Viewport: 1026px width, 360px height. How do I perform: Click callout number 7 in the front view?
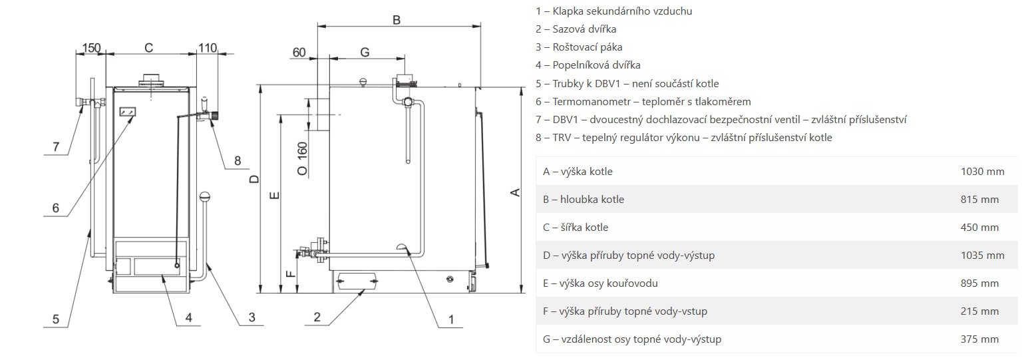pyautogui.click(x=55, y=146)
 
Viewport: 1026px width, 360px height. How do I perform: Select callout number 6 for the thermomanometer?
pyautogui.click(x=56, y=208)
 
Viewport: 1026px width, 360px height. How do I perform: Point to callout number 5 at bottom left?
pyautogui.click(x=56, y=319)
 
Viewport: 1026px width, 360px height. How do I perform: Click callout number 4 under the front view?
pyautogui.click(x=188, y=317)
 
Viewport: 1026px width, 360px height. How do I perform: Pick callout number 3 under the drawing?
pyautogui.click(x=252, y=317)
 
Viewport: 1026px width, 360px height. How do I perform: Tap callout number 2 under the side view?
pyautogui.click(x=317, y=317)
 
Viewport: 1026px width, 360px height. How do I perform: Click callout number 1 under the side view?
pyautogui.click(x=450, y=319)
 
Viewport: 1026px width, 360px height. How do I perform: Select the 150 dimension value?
pyautogui.click(x=91, y=48)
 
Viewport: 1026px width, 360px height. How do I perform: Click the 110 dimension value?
pyautogui.click(x=208, y=48)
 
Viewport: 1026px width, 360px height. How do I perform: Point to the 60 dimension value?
pyautogui.click(x=299, y=53)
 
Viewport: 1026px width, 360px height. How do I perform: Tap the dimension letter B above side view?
pyautogui.click(x=396, y=20)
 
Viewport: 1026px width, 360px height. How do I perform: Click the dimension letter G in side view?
pyautogui.click(x=365, y=52)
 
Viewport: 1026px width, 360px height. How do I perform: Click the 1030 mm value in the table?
pyautogui.click(x=982, y=172)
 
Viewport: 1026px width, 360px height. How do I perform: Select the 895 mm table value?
pyautogui.click(x=980, y=283)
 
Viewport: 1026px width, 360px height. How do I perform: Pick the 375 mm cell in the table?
pyautogui.click(x=980, y=339)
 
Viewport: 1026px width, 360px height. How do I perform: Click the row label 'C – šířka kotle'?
pyautogui.click(x=576, y=228)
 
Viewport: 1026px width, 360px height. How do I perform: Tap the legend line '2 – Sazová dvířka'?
pyautogui.click(x=576, y=29)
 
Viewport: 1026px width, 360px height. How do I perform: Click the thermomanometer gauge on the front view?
pyautogui.click(x=127, y=112)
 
